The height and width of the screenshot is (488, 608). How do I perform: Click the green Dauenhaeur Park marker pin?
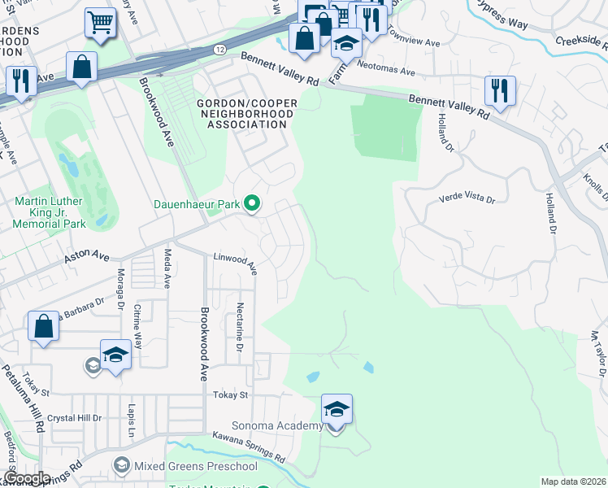[x=252, y=204]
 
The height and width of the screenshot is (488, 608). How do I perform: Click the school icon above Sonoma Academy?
[x=337, y=408]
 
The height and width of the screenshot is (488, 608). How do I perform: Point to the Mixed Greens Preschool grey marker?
[x=122, y=465]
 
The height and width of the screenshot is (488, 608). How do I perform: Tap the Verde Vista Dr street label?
[x=467, y=198]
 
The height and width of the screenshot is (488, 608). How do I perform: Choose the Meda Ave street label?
[x=167, y=269]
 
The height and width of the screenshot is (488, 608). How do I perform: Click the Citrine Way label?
[x=138, y=326]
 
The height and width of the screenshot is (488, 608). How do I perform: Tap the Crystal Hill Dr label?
[x=74, y=417]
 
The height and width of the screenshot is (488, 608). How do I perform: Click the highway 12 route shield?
[x=220, y=50]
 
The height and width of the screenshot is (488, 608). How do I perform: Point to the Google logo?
[x=27, y=478]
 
